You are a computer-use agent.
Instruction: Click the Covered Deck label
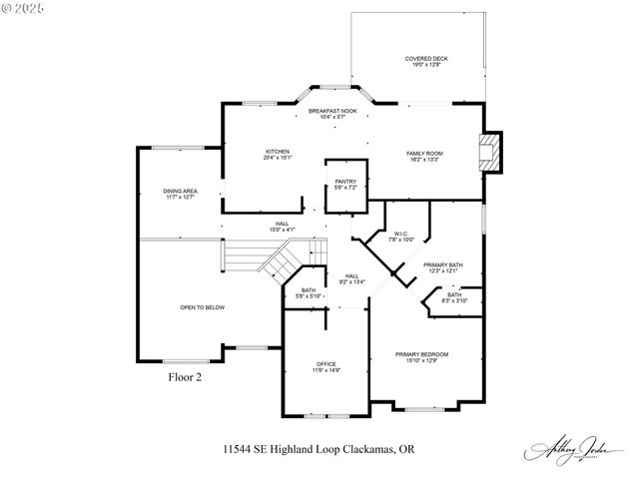[425, 62]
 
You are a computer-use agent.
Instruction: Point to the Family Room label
[424, 156]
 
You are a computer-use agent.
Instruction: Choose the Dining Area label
[180, 194]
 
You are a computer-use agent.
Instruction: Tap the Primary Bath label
[440, 267]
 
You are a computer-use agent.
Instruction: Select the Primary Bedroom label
[420, 357]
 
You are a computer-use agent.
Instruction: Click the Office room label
[325, 366]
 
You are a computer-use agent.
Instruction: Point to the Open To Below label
[202, 307]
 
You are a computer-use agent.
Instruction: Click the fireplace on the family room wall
[489, 153]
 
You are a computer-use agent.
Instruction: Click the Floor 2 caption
[185, 378]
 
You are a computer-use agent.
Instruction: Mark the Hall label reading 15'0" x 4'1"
[283, 227]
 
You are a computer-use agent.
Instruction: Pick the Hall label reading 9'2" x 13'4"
[352, 278]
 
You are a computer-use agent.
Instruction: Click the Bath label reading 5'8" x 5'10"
[309, 293]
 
